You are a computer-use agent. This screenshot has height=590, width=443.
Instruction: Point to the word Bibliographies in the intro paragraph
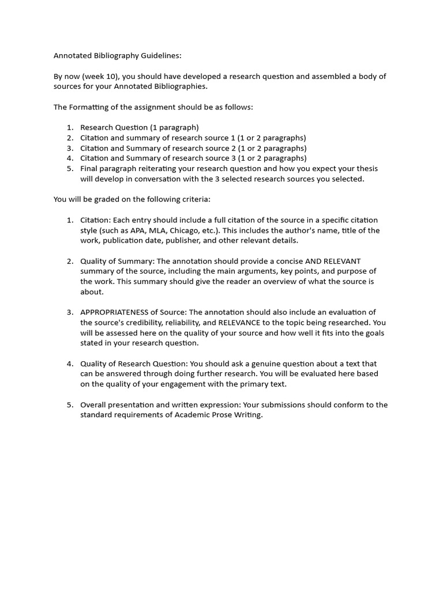tap(182, 86)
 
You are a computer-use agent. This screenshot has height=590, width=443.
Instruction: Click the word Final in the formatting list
tap(90, 168)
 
